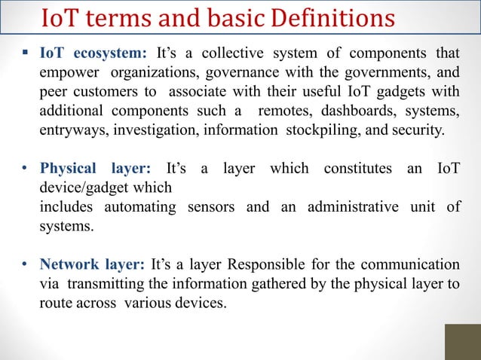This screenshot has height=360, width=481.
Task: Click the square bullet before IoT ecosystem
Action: (25, 53)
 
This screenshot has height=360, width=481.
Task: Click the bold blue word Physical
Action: (69, 168)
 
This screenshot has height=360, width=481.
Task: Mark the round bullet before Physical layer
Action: (25, 168)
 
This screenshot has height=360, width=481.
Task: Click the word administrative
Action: (355, 206)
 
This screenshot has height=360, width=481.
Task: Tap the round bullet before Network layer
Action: (25, 265)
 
